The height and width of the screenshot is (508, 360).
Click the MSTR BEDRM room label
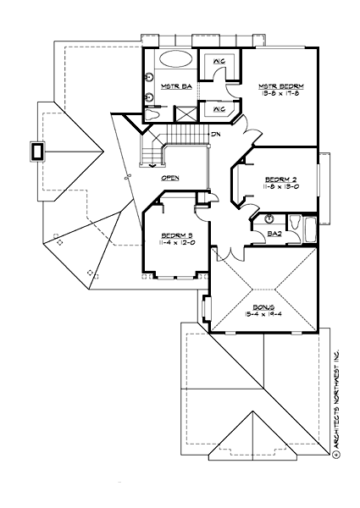point(279,87)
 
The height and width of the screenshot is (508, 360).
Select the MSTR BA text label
point(174,87)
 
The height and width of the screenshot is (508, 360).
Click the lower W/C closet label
point(218,109)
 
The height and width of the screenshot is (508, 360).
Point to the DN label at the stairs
point(217,135)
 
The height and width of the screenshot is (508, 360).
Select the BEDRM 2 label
point(280,179)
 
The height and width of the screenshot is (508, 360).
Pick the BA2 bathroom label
point(274,231)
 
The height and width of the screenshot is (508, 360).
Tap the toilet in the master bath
point(152,113)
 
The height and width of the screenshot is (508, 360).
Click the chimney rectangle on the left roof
point(36,152)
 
